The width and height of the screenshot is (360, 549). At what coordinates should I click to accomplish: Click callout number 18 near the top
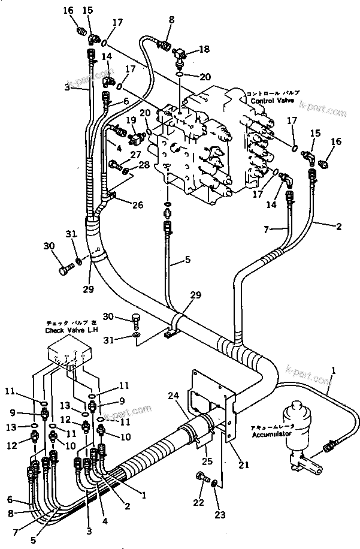coord(204,49)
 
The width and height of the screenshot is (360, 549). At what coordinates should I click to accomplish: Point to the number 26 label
coord(138,205)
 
